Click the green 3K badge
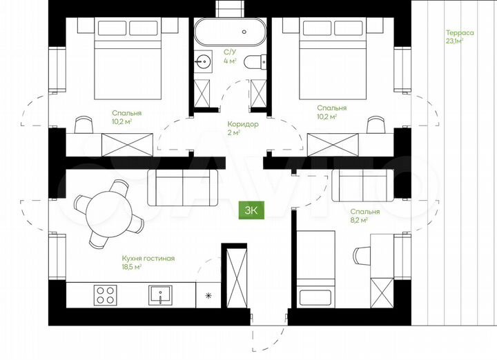[251, 210]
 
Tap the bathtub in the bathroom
[230, 32]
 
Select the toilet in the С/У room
[255, 62]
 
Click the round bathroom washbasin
[203, 61]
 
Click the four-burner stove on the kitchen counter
[105, 295]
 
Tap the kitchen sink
[160, 295]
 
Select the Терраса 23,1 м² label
[460, 37]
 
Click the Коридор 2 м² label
[243, 128]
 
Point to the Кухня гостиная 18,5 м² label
[148, 263]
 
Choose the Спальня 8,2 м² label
[365, 216]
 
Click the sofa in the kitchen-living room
[183, 188]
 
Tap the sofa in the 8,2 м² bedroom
[363, 186]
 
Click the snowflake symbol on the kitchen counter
[208, 296]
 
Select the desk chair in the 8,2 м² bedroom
[362, 256]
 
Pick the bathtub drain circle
[244, 32]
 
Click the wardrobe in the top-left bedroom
[127, 145]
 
